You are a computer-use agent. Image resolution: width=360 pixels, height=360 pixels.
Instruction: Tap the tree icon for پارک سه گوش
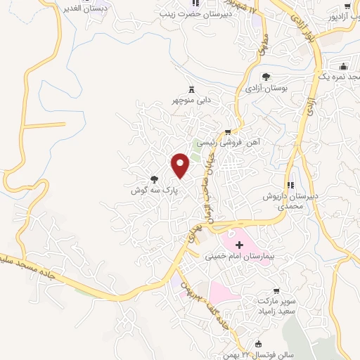point(154,179)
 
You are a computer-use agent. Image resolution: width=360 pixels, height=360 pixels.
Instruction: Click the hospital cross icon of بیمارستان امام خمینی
point(240,245)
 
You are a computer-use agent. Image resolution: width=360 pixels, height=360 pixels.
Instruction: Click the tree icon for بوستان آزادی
point(266,77)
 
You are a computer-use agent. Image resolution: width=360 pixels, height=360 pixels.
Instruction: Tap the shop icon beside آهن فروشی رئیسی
point(228,131)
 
